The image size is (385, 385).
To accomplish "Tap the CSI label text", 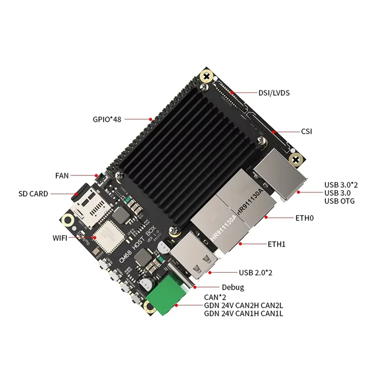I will pos(306,131).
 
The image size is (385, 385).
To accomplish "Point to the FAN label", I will pos(62,176).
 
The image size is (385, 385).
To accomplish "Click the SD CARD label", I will pos(33,194).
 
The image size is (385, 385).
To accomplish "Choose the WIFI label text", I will pos(61,238).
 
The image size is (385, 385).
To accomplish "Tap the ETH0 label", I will pos(304,218).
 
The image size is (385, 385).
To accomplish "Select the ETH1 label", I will pos(277,244).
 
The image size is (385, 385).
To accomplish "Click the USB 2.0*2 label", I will pos(256,273).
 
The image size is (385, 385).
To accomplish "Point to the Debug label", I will pos(233,287).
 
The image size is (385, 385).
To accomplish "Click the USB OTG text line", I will pos(339,201).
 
